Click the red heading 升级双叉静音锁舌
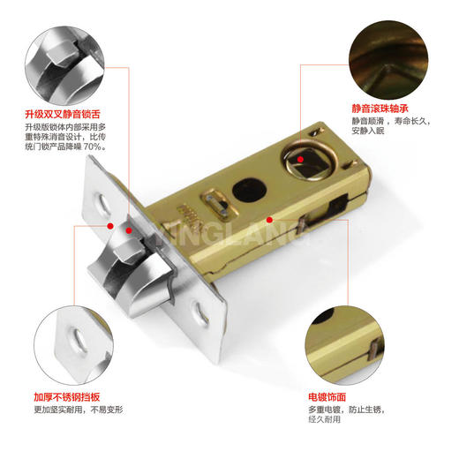click(64, 114)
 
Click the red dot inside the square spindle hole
click(302, 159)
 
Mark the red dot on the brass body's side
click(269, 218)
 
